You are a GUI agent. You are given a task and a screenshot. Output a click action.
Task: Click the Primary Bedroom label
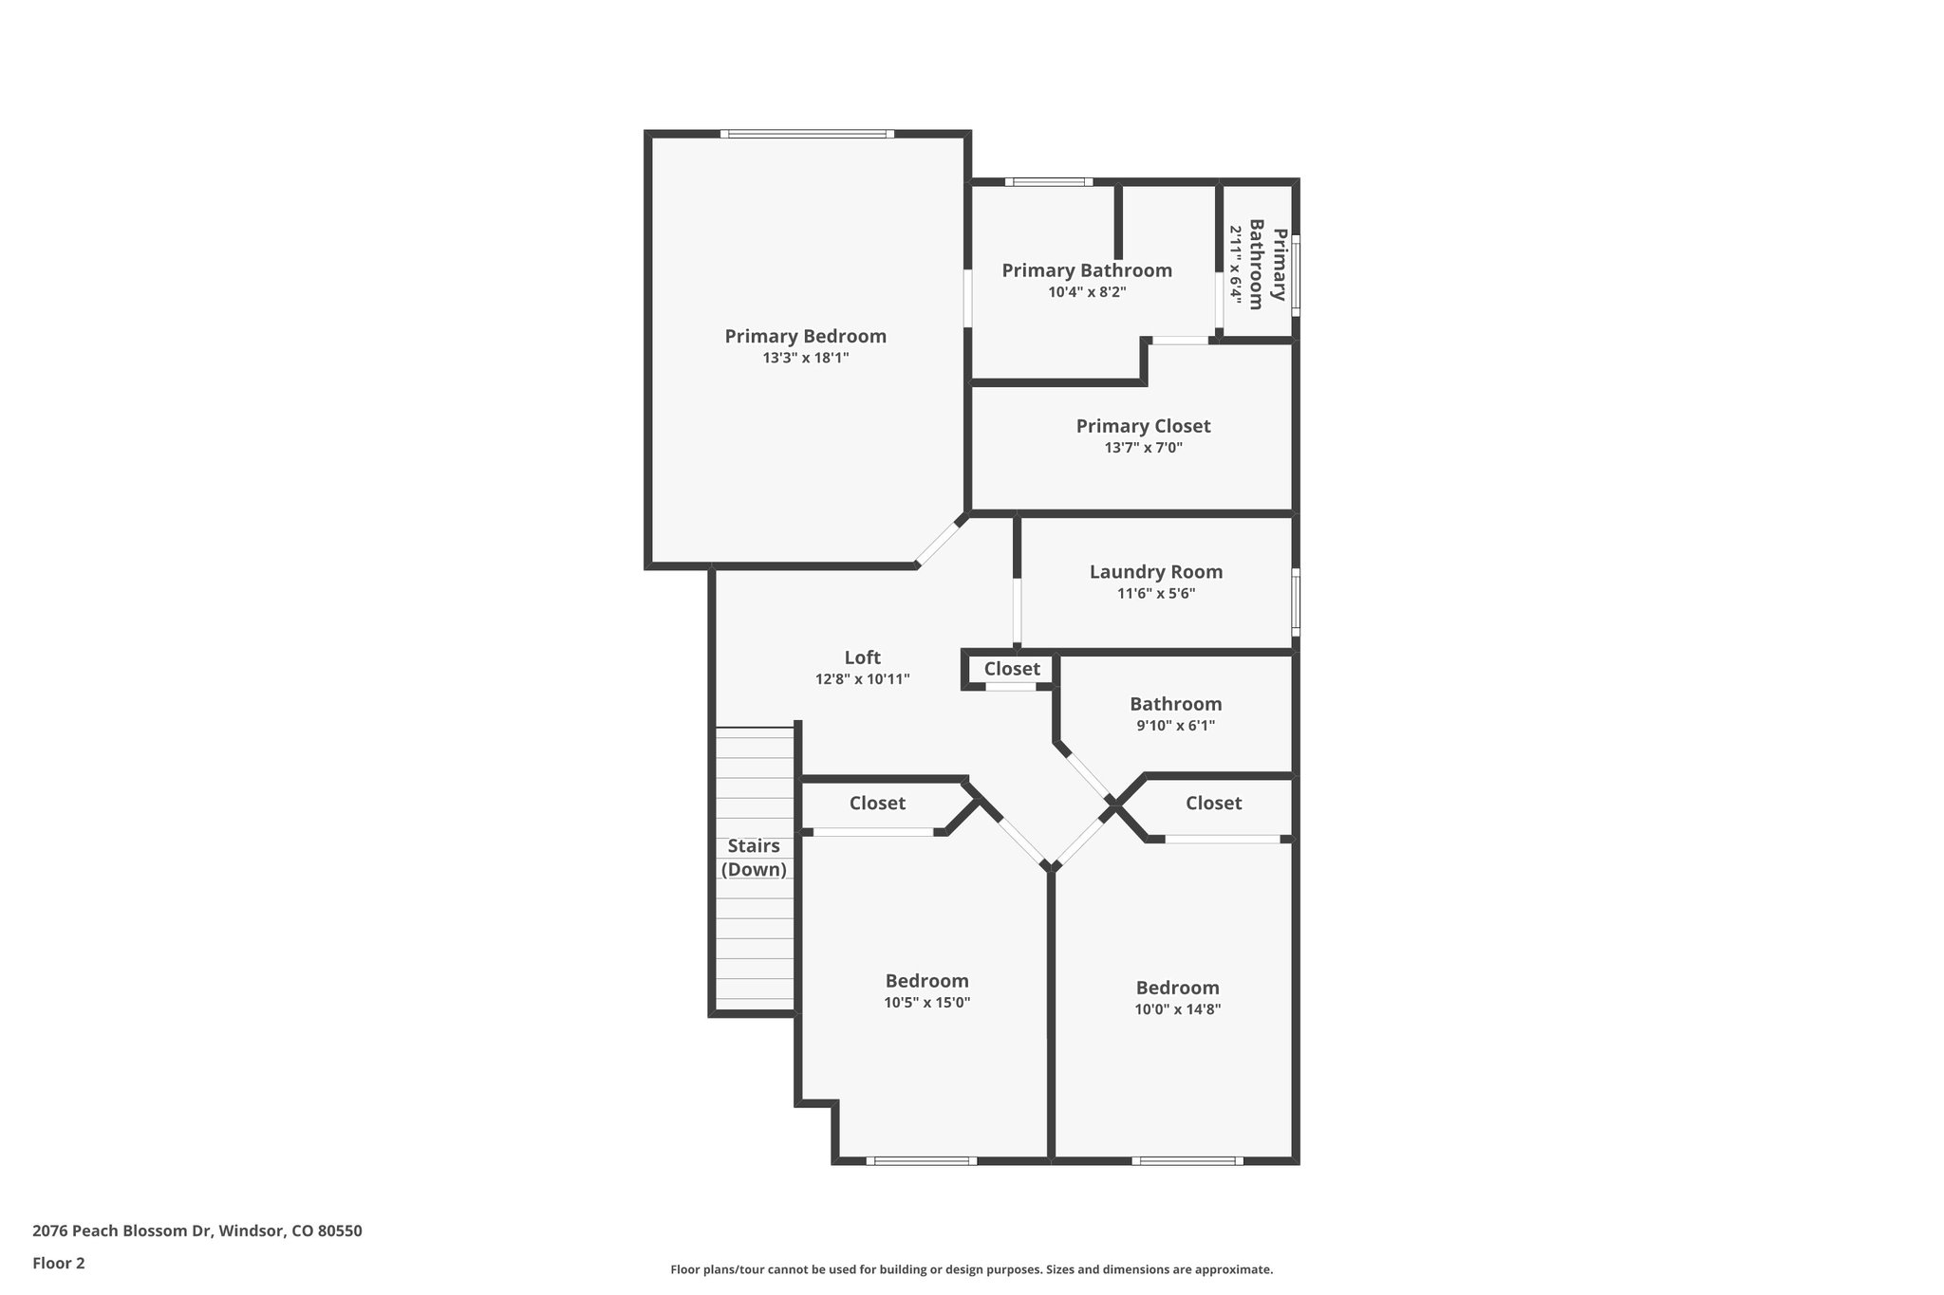coord(805,336)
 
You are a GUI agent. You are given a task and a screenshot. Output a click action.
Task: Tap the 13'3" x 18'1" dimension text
coord(805,359)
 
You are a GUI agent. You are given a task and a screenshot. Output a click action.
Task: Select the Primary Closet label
coord(1143,426)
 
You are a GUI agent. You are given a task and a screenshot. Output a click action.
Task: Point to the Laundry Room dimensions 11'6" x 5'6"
coord(1155,594)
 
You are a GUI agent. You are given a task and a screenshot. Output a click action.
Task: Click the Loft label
coord(862,657)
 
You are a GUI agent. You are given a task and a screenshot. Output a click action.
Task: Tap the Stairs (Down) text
coord(754,858)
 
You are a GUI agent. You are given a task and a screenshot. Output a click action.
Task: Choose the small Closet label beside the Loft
coord(1012,669)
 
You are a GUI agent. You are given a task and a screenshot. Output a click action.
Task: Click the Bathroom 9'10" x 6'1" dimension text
coord(1175,726)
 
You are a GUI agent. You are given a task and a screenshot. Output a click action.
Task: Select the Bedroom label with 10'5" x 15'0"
coord(926,981)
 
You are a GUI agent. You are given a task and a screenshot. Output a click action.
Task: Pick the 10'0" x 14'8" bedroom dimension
coord(1177,1009)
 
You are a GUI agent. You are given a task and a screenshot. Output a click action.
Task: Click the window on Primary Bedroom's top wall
coord(806,134)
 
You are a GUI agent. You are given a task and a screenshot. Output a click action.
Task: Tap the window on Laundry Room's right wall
coord(1296,601)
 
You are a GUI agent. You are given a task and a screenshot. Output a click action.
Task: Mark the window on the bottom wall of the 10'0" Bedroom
coord(1187,1160)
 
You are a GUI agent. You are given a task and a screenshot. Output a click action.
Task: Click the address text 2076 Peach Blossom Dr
coord(196,1231)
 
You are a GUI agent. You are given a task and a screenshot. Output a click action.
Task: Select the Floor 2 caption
coord(59,1263)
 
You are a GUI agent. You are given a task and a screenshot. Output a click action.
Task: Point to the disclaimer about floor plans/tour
coord(971,1269)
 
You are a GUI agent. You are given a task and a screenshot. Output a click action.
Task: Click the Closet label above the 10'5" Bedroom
coord(877,804)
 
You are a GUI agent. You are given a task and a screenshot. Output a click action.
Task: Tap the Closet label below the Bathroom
coord(1213,804)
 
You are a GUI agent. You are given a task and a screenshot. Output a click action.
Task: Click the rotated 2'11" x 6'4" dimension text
coord(1235,263)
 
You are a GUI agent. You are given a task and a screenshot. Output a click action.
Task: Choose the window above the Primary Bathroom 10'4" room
coord(1048,181)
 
